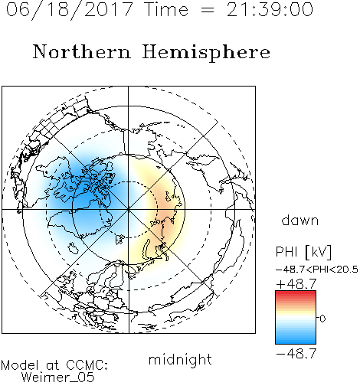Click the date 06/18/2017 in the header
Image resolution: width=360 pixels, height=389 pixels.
[70, 10]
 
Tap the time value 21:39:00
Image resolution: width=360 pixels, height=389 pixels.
[270, 10]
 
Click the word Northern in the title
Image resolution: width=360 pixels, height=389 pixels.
[82, 52]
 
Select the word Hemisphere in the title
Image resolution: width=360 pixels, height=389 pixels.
[206, 53]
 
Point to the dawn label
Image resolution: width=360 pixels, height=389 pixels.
[300, 220]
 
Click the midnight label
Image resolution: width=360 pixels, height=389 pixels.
[180, 360]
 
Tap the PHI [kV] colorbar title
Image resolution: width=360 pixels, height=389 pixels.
[303, 252]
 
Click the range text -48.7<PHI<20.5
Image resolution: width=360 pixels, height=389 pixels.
[316, 270]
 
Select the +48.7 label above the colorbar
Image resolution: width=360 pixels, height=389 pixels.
[296, 284]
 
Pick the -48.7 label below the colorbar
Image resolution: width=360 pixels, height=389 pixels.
[296, 354]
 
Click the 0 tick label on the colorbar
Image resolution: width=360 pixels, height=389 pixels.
[322, 319]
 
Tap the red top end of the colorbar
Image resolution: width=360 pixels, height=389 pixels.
[296, 293]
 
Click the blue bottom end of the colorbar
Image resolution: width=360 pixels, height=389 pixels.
[296, 342]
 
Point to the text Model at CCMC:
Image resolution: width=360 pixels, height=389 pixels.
[54, 365]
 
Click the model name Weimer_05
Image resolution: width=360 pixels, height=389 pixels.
[58, 378]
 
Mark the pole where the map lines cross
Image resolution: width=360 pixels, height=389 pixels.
[129, 209]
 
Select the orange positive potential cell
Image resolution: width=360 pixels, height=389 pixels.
[166, 208]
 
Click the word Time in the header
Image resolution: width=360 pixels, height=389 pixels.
[166, 9]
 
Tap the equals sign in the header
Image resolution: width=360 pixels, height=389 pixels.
[208, 10]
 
